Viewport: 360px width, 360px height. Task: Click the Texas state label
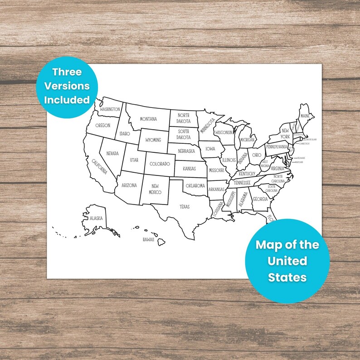pos(185,207)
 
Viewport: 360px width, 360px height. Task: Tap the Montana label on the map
pos(148,119)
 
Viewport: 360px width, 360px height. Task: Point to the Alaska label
pos(96,218)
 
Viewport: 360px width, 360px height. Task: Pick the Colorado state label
pos(160,164)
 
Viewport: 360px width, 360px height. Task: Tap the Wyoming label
pos(153,140)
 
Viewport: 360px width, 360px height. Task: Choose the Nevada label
pos(112,154)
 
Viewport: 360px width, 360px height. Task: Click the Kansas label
pos(189,168)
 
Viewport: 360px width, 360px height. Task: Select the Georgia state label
pos(260,199)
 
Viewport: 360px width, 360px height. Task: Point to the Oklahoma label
pos(195,185)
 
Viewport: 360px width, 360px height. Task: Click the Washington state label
pos(110,109)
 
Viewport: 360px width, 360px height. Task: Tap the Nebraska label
pos(186,151)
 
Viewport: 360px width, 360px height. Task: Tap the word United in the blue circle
pos(287,261)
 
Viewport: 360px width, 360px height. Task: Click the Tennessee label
pos(242,182)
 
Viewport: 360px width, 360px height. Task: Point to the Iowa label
pos(210,148)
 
